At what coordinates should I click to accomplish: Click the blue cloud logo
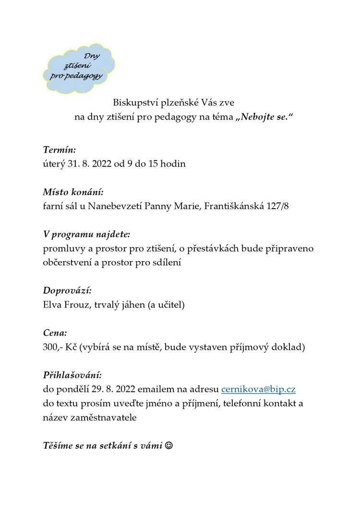point(80,66)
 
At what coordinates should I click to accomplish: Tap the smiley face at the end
point(168,446)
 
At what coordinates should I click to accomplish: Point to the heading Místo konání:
point(73,192)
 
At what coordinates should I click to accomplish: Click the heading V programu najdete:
point(86,235)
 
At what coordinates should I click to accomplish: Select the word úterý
point(53,164)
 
